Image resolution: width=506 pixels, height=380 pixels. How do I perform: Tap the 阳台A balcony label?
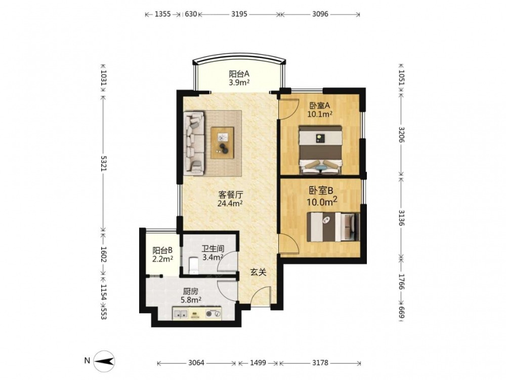click(x=239, y=73)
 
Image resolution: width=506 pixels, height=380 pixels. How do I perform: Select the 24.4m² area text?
click(x=230, y=203)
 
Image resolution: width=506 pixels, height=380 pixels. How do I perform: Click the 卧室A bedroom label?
click(x=320, y=105)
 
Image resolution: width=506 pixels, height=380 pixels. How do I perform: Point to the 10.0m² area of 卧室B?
click(x=322, y=202)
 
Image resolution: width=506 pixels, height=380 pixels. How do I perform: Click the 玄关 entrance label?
click(x=259, y=273)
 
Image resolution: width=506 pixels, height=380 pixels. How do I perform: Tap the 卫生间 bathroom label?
click(x=213, y=249)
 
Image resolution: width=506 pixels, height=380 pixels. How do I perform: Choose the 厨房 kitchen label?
click(x=190, y=291)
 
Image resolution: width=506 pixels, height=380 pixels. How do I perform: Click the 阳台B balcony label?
click(x=162, y=250)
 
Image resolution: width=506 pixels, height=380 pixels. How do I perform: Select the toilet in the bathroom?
click(x=193, y=264)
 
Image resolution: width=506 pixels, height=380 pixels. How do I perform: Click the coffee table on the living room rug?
click(x=222, y=143)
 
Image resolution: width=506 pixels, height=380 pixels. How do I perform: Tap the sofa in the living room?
click(x=194, y=143)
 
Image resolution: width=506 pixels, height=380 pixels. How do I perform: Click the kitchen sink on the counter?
click(x=180, y=314)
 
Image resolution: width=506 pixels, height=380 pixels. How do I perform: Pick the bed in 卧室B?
click(x=333, y=227)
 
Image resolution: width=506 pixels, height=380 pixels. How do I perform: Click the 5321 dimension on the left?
click(x=104, y=164)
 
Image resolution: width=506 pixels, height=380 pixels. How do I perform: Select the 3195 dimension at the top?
click(x=239, y=14)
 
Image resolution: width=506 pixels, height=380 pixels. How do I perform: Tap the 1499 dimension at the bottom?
click(x=258, y=363)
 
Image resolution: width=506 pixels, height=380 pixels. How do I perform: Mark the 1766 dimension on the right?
click(x=401, y=282)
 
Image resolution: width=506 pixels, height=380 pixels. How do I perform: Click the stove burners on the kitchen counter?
click(x=214, y=314)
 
